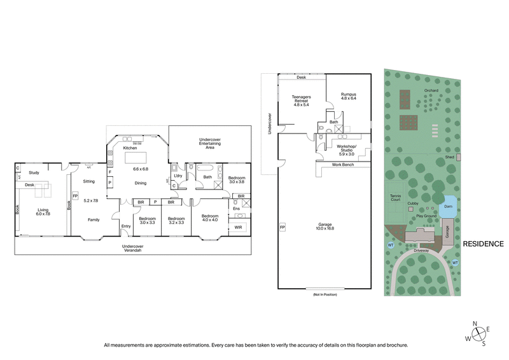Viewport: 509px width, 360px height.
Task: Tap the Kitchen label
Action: point(131,148)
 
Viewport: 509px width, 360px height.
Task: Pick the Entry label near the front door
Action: point(125,226)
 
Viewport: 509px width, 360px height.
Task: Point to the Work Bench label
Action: point(343,165)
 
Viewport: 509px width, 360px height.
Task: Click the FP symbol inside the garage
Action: point(282,226)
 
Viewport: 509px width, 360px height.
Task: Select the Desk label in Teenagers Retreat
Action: point(301,78)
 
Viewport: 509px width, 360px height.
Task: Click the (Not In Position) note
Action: point(324,294)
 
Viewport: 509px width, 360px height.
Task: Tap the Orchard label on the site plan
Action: point(431,90)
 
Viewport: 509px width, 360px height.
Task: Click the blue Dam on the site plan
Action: point(448,205)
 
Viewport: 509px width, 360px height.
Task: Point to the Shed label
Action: point(448,156)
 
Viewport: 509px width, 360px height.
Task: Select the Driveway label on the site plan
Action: point(422,251)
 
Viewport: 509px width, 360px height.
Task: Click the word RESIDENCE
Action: point(483,244)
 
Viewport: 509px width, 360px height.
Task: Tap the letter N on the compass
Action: point(475,323)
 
